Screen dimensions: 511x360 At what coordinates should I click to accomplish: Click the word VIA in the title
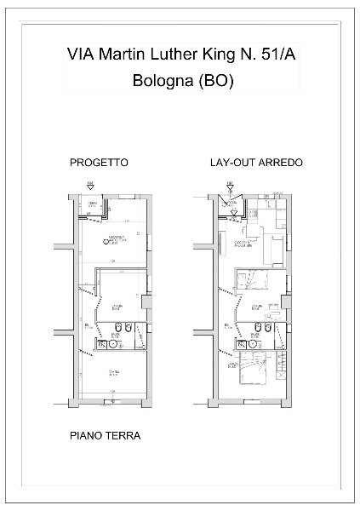[x=81, y=55]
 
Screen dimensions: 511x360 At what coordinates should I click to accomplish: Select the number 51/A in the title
[x=278, y=55]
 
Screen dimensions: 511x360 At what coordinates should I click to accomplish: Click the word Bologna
[x=163, y=82]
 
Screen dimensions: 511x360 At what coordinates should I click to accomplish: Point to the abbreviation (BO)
[x=215, y=82]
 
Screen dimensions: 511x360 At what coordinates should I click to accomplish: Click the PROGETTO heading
[x=100, y=162]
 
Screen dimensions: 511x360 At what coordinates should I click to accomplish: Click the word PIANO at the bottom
[x=85, y=436]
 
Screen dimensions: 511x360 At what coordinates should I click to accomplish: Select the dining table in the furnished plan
[x=251, y=230]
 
